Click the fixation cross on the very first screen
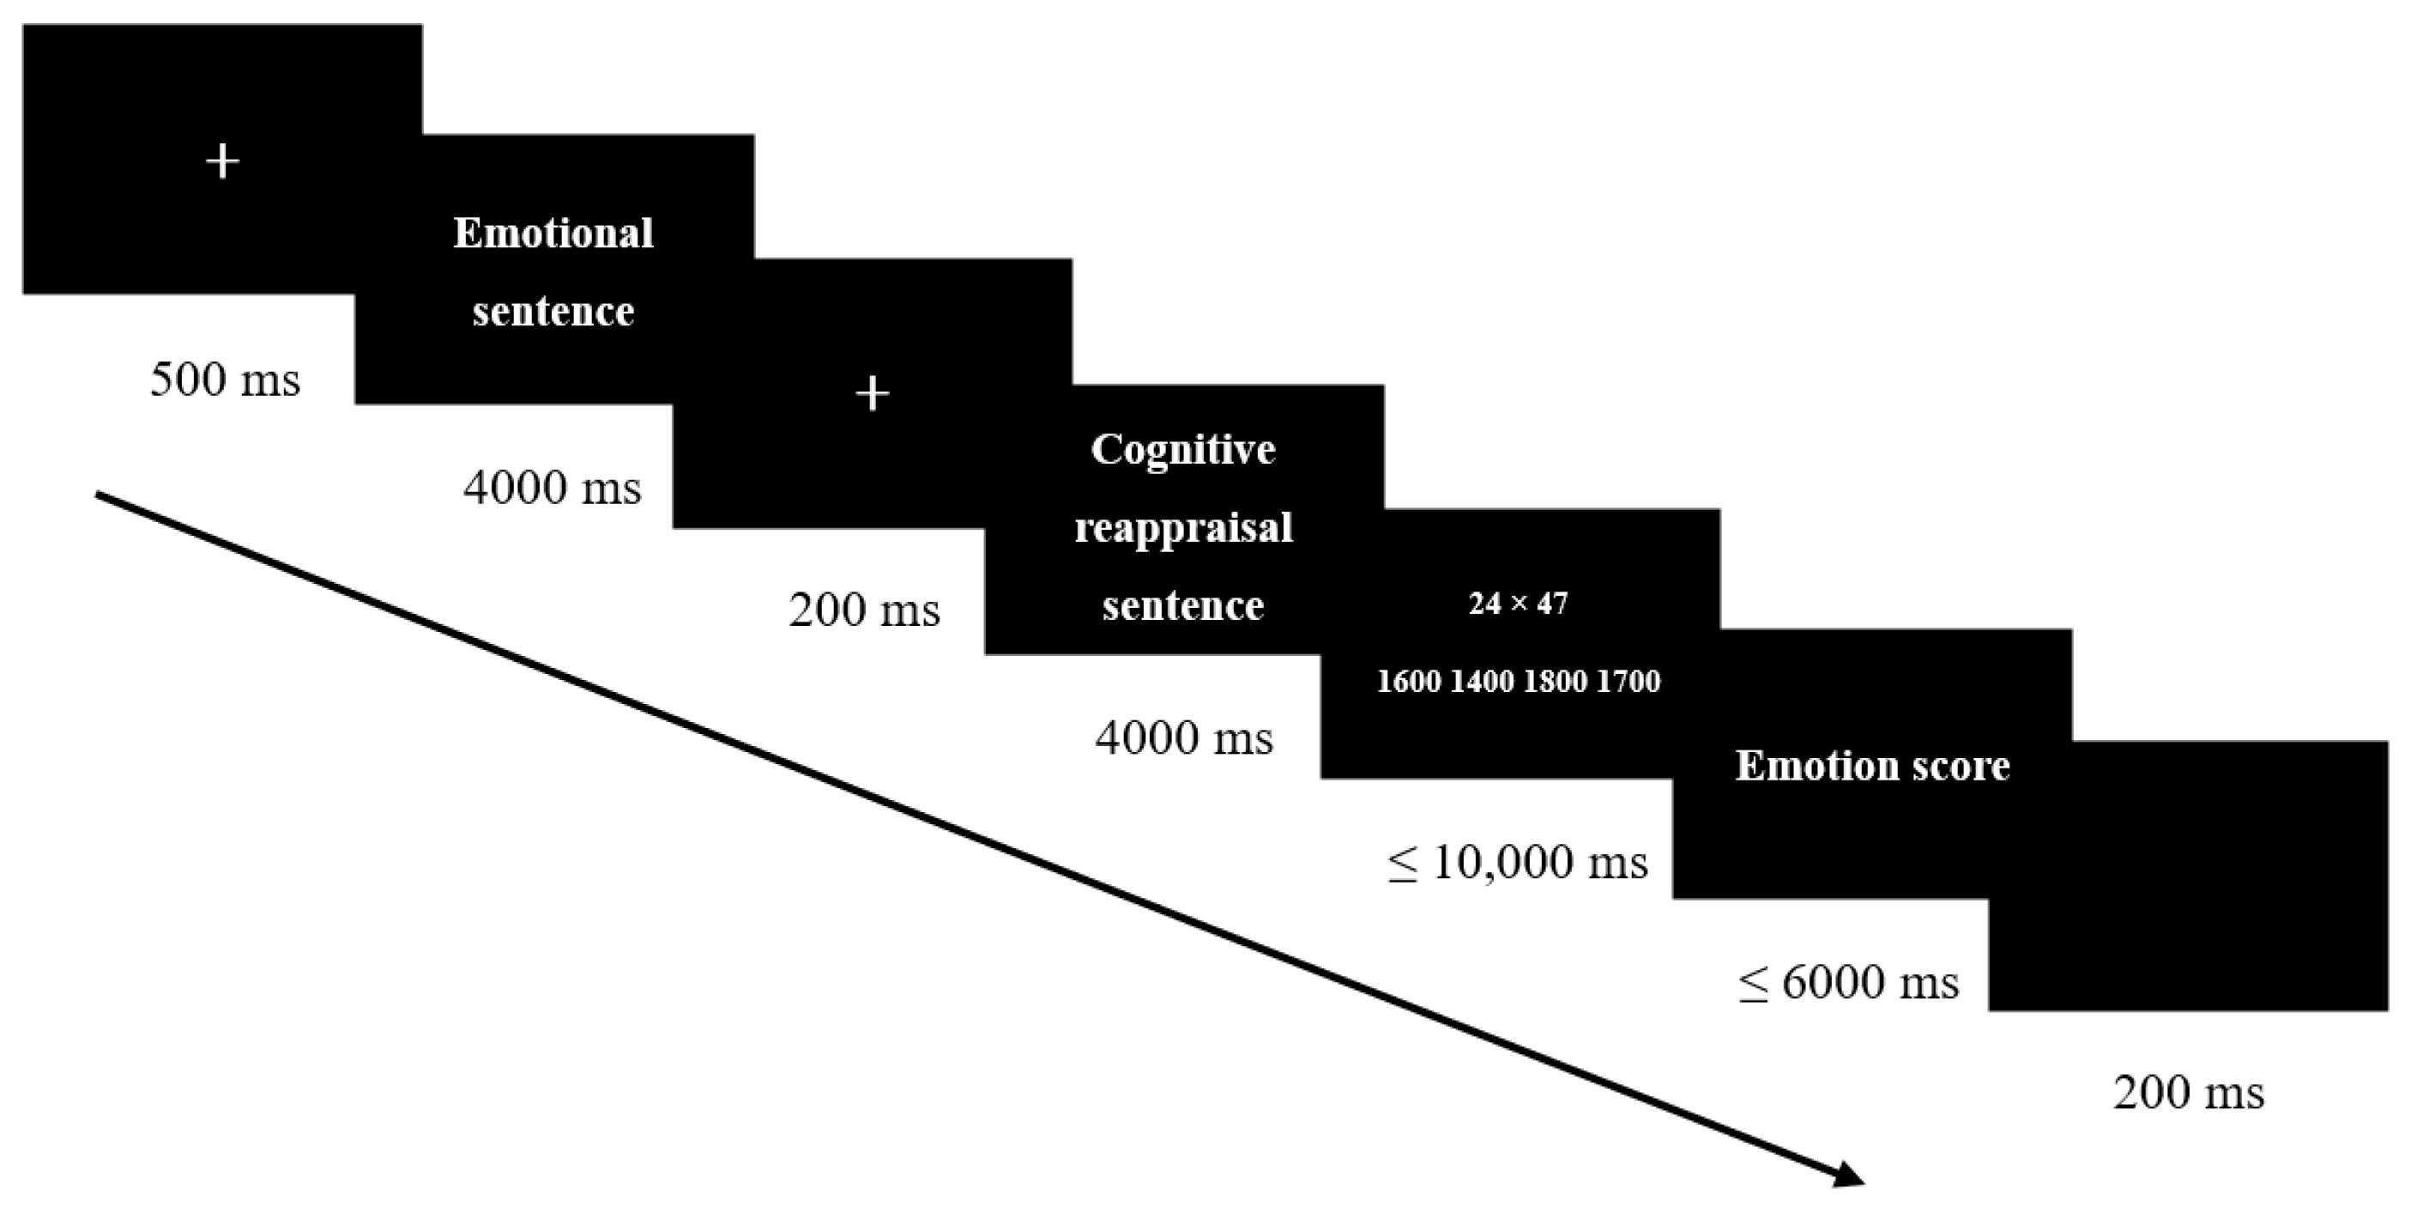click(223, 162)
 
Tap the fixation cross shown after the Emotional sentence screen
click(872, 394)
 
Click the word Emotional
click(553, 233)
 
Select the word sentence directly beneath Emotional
click(553, 311)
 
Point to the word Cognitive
click(1182, 449)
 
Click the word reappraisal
click(1183, 527)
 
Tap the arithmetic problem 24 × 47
click(1518, 604)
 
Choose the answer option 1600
click(1408, 682)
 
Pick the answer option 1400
click(1482, 682)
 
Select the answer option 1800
click(1555, 682)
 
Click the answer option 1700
click(1628, 682)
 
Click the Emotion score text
click(1872, 766)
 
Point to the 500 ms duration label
click(226, 380)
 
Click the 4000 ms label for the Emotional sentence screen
click(552, 488)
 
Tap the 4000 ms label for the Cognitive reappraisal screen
click(1183, 738)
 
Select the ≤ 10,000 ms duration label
click(1517, 861)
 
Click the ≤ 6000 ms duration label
click(1848, 982)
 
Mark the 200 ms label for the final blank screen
click(2189, 1092)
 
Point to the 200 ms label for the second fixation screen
click(863, 610)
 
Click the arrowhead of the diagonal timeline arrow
click(1849, 1175)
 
